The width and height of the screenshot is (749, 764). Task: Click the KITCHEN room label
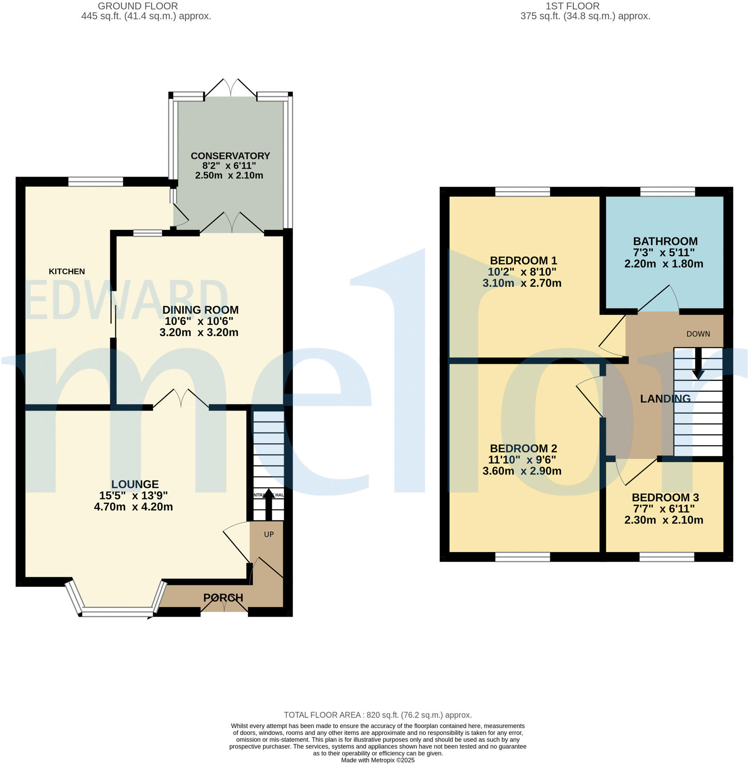point(67,271)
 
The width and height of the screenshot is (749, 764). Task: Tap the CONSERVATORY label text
point(230,156)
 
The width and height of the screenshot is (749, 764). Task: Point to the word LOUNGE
point(135,484)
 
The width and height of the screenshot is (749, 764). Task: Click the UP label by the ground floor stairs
point(269,534)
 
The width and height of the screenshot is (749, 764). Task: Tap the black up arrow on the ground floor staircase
point(269,504)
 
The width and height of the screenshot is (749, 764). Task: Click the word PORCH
point(223,598)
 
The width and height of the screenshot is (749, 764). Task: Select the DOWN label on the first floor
point(698,334)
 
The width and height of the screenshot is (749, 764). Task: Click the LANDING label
point(665,399)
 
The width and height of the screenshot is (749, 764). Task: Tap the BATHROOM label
point(665,241)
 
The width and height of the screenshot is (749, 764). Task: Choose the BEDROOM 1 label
point(523,260)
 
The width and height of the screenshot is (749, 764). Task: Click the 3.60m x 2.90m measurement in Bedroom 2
point(522,471)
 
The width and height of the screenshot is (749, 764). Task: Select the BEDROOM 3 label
point(665,497)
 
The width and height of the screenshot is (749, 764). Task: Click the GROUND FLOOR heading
point(138,6)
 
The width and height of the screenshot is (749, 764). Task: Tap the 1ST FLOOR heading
point(572,6)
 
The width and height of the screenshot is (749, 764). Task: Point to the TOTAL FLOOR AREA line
point(377,715)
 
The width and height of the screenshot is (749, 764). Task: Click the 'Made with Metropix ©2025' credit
point(377,760)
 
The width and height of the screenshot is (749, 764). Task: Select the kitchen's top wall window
point(95,182)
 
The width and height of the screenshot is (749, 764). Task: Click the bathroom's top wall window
point(667,192)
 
